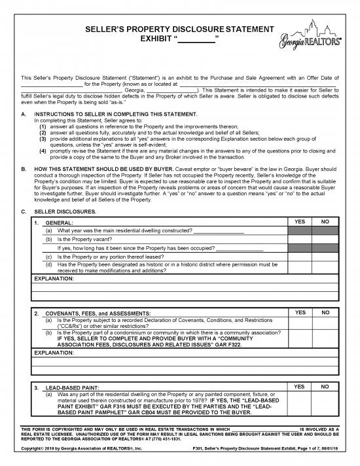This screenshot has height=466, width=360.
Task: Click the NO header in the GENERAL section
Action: click(x=326, y=222)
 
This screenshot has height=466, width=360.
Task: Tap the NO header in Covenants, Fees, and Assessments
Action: click(x=326, y=312)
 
